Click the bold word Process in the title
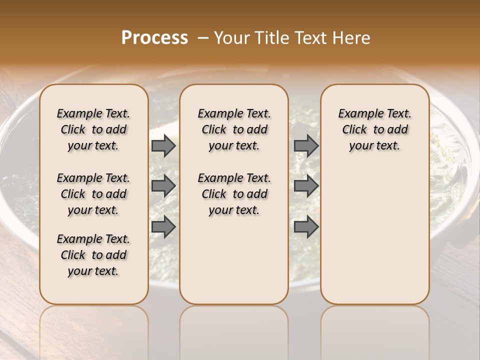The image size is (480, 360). (x=154, y=37)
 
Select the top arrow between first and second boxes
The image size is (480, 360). (x=163, y=145)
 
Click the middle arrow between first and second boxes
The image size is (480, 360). (x=163, y=186)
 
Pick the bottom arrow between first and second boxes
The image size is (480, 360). (x=163, y=226)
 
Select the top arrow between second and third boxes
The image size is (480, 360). (x=306, y=145)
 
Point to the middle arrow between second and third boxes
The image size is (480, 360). (x=306, y=186)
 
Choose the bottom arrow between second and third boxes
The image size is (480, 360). (x=306, y=226)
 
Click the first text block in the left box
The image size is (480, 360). (x=93, y=129)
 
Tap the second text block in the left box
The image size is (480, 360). (x=93, y=194)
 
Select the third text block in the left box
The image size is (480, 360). (x=93, y=255)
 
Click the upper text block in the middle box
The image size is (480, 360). (x=234, y=129)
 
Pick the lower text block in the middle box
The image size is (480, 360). (x=234, y=194)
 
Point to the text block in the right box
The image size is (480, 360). (x=374, y=129)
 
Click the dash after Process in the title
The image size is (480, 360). (x=203, y=37)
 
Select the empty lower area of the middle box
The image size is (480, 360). (x=234, y=260)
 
